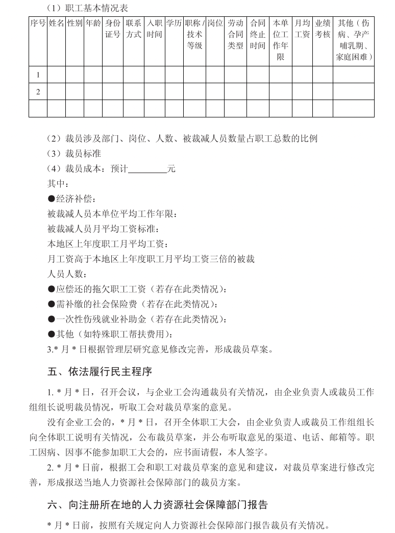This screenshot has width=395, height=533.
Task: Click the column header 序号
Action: click(x=38, y=23)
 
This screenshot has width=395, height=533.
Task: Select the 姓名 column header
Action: click(x=56, y=23)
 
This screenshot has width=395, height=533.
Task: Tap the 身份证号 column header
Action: click(x=113, y=29)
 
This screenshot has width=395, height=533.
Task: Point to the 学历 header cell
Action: click(x=174, y=23)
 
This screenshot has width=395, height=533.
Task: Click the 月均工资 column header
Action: click(x=303, y=29)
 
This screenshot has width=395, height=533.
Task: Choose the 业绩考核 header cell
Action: click(x=323, y=29)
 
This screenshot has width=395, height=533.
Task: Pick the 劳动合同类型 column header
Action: click(x=235, y=35)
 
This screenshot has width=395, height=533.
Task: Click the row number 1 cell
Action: click(x=38, y=75)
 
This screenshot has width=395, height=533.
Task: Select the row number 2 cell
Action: click(x=38, y=92)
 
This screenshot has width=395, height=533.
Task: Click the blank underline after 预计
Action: click(x=147, y=169)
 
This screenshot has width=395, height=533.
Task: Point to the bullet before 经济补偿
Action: click(x=52, y=199)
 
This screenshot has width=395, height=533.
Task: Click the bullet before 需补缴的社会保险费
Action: click(x=52, y=305)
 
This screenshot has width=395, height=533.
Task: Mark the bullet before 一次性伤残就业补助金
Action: click(x=52, y=320)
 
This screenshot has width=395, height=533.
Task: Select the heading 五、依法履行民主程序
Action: click(x=100, y=372)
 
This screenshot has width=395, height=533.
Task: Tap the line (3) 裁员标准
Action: click(x=75, y=154)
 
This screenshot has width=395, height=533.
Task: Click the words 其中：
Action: click(x=58, y=184)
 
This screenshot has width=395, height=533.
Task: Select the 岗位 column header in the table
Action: click(x=215, y=23)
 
